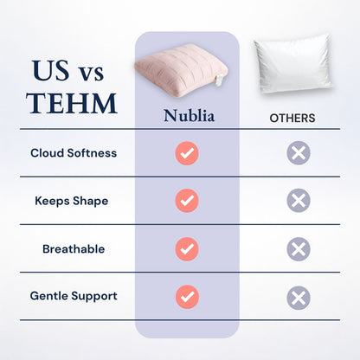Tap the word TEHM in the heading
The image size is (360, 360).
pos(71,103)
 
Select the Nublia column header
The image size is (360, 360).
pos(187,116)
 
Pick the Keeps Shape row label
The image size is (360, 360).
pos(71,201)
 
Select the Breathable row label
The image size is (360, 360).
pos(74,248)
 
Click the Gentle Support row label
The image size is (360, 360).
pos(74,296)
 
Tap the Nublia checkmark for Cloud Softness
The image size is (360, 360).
pos(187,154)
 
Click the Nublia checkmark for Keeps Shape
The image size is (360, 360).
pos(187,202)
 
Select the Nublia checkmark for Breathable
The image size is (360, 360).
pos(187,249)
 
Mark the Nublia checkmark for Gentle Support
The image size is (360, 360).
pos(187,297)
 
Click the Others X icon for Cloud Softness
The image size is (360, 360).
pos(299,154)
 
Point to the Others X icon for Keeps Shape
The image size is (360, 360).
pos(299,202)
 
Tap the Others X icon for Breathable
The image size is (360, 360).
pos(299,249)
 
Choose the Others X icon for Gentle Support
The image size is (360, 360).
pos(299,298)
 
